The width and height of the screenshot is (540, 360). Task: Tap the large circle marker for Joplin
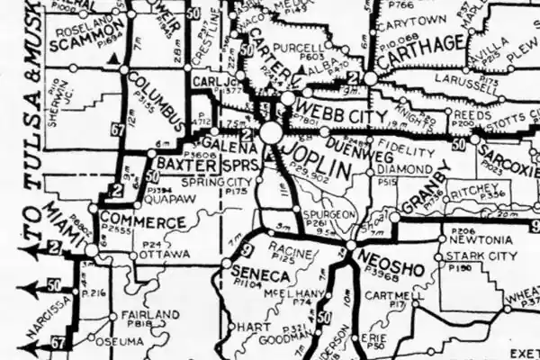tap(271, 132)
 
